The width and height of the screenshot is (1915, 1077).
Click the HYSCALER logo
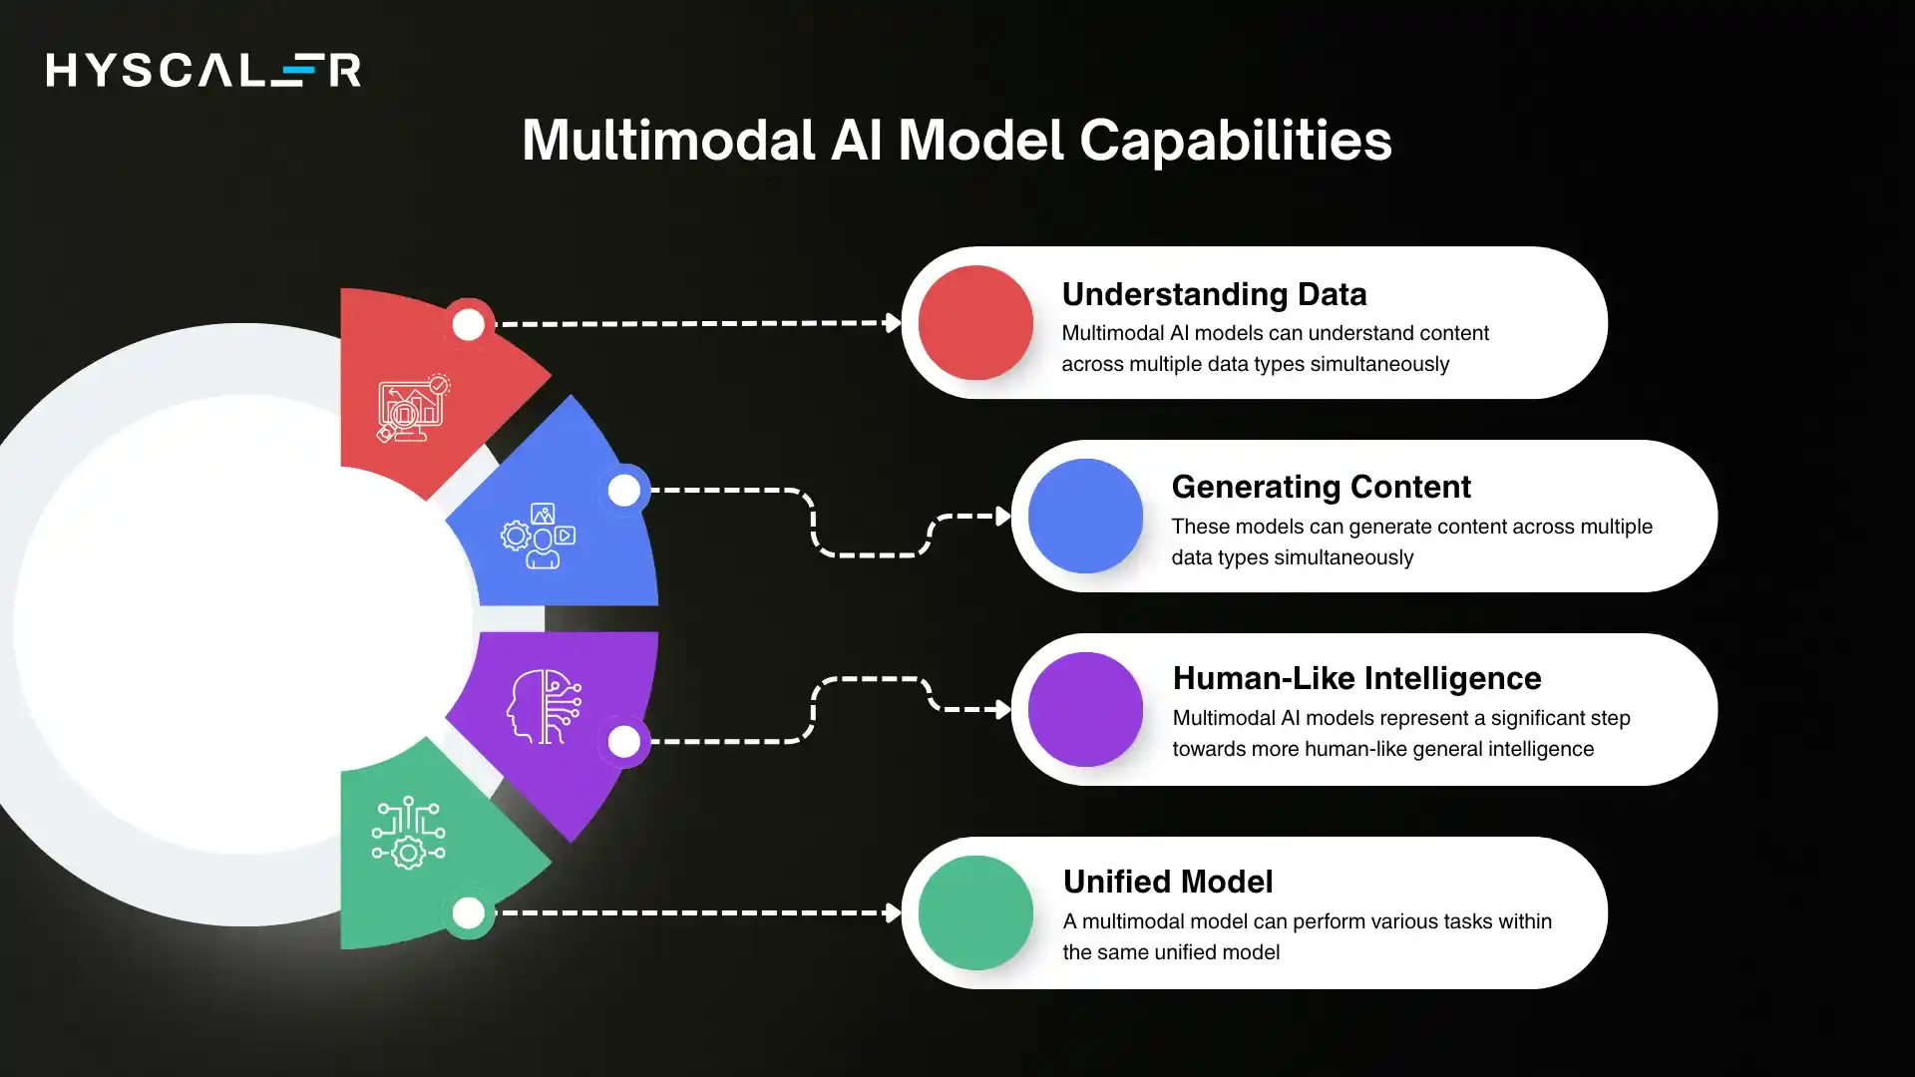(203, 70)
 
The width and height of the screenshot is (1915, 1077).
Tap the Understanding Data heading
(1214, 294)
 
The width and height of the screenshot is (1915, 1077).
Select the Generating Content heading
(1321, 487)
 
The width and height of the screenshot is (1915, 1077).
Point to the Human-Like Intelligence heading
(1356, 678)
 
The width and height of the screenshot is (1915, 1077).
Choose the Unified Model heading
(1167, 882)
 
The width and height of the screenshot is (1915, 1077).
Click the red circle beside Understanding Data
(974, 322)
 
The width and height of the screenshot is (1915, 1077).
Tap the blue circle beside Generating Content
(1085, 516)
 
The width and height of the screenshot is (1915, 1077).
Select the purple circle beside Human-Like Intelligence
(1085, 709)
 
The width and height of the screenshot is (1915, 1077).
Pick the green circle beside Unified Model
(974, 912)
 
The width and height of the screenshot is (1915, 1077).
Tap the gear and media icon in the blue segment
(539, 536)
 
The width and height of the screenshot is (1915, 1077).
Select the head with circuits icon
(544, 706)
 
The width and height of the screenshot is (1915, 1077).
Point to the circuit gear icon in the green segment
(408, 833)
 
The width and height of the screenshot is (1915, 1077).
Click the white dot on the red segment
(468, 324)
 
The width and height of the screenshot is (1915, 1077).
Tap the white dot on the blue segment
(623, 490)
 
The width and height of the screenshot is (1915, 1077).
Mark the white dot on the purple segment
(623, 741)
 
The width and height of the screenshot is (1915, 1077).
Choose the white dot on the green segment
(468, 912)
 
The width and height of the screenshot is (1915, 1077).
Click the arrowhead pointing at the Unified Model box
(893, 912)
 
